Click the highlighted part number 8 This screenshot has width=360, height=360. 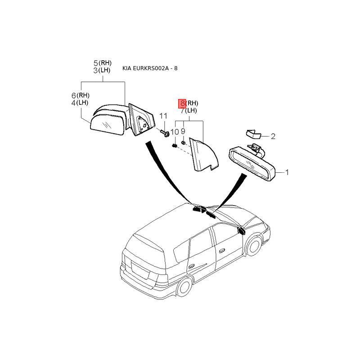click(x=182, y=103)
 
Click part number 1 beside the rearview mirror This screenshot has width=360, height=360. click(x=287, y=172)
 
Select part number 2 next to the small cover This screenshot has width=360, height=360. click(x=273, y=136)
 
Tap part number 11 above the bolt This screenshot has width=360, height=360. click(x=163, y=116)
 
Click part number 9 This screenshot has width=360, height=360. click(x=184, y=131)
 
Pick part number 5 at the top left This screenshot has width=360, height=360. click(x=95, y=63)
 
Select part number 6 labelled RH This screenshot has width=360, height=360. click(x=74, y=95)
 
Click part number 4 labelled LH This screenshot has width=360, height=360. click(x=74, y=103)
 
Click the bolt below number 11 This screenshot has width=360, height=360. click(x=164, y=133)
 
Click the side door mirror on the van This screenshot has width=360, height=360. click(x=240, y=231)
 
